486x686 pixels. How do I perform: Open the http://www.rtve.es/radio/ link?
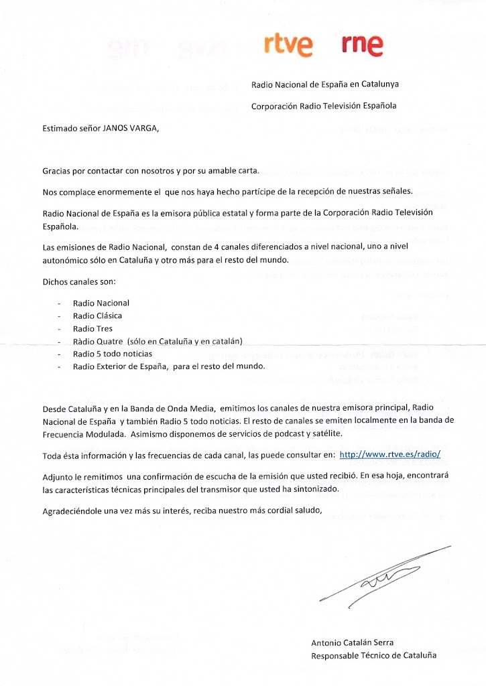point(390,454)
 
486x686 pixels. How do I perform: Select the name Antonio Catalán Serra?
point(353,642)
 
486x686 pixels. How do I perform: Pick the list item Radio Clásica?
point(98,316)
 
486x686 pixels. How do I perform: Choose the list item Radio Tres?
point(93,328)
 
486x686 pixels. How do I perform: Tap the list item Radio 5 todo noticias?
point(113,354)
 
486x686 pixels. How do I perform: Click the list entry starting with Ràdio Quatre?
point(158,341)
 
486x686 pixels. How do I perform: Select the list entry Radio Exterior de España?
point(169,366)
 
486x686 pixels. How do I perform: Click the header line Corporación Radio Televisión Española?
point(324,106)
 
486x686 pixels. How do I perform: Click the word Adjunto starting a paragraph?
point(58,475)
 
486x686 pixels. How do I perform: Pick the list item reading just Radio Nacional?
point(101,303)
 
